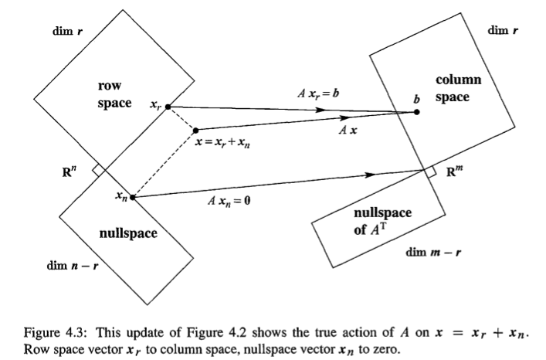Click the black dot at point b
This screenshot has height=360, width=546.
click(417, 112)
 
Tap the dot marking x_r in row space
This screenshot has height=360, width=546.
click(168, 107)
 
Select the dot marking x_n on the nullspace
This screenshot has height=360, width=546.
click(133, 197)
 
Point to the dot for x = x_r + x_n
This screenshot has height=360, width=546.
click(195, 130)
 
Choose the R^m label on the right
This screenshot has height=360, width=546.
click(459, 172)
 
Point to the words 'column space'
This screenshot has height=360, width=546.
click(458, 88)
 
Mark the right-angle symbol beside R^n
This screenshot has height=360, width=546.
click(97, 169)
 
